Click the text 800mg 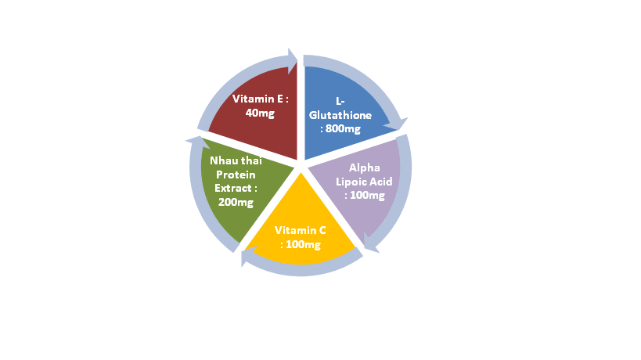tap(343, 128)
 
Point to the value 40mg tap(260, 113)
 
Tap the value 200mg tap(236, 202)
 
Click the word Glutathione tap(340, 115)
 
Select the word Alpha tap(364, 168)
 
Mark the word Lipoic tap(351, 182)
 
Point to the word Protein tap(236, 175)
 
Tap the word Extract tap(233, 189)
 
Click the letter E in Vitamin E tap(280, 99)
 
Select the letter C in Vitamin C tap(322, 230)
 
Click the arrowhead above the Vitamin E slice tap(293, 61)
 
